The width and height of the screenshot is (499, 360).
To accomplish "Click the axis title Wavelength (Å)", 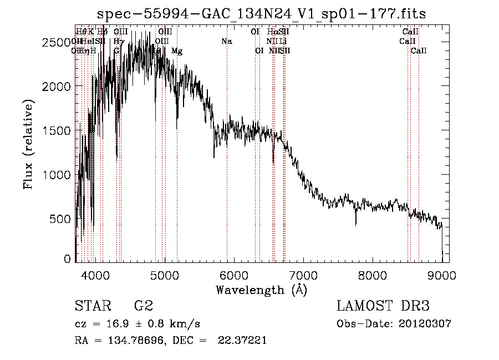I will (x=261, y=290).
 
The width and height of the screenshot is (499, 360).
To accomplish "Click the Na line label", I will (x=226, y=42).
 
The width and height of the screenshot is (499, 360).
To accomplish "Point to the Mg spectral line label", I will (x=177, y=51).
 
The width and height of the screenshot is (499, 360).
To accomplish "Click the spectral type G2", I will (x=143, y=306).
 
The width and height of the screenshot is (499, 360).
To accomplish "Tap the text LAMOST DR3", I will (x=383, y=306).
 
